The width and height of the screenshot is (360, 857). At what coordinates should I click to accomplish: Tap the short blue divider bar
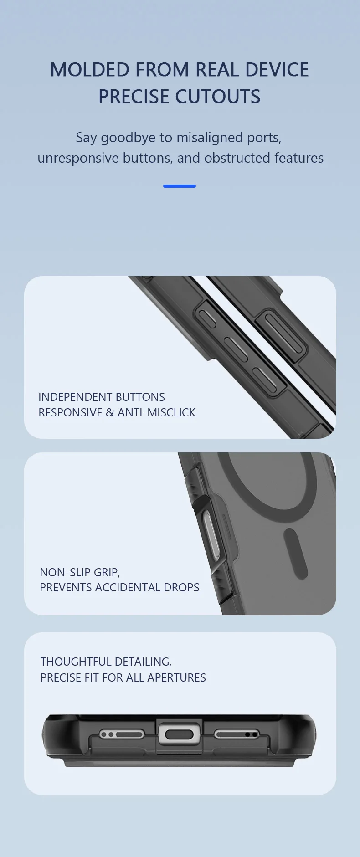click(x=180, y=186)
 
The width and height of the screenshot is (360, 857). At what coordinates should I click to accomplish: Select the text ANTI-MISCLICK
click(x=156, y=412)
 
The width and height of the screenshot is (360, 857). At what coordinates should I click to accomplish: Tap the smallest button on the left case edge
click(x=207, y=318)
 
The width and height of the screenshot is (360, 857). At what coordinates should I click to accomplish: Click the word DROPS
click(x=183, y=587)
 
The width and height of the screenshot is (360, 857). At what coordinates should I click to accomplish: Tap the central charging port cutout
click(x=180, y=734)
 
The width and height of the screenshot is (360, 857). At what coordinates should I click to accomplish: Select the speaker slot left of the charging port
click(x=122, y=734)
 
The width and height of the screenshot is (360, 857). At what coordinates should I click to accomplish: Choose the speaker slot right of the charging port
click(x=237, y=734)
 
